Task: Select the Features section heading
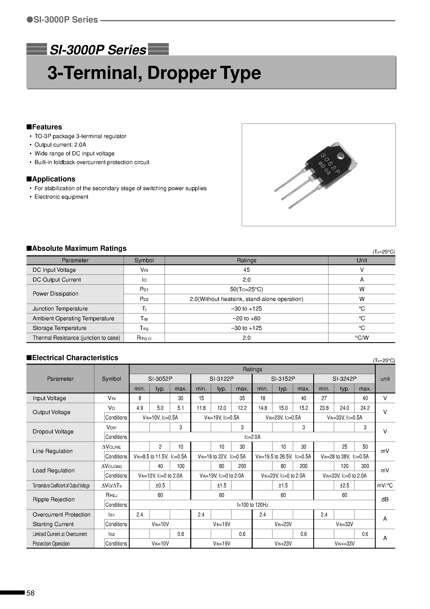click(44, 127)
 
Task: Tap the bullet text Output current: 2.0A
click(60, 145)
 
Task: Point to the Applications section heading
click(51, 179)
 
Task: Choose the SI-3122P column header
click(221, 379)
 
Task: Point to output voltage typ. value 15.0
click(283, 408)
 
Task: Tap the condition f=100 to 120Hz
click(252, 505)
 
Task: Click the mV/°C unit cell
click(385, 486)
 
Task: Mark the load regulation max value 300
click(365, 466)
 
